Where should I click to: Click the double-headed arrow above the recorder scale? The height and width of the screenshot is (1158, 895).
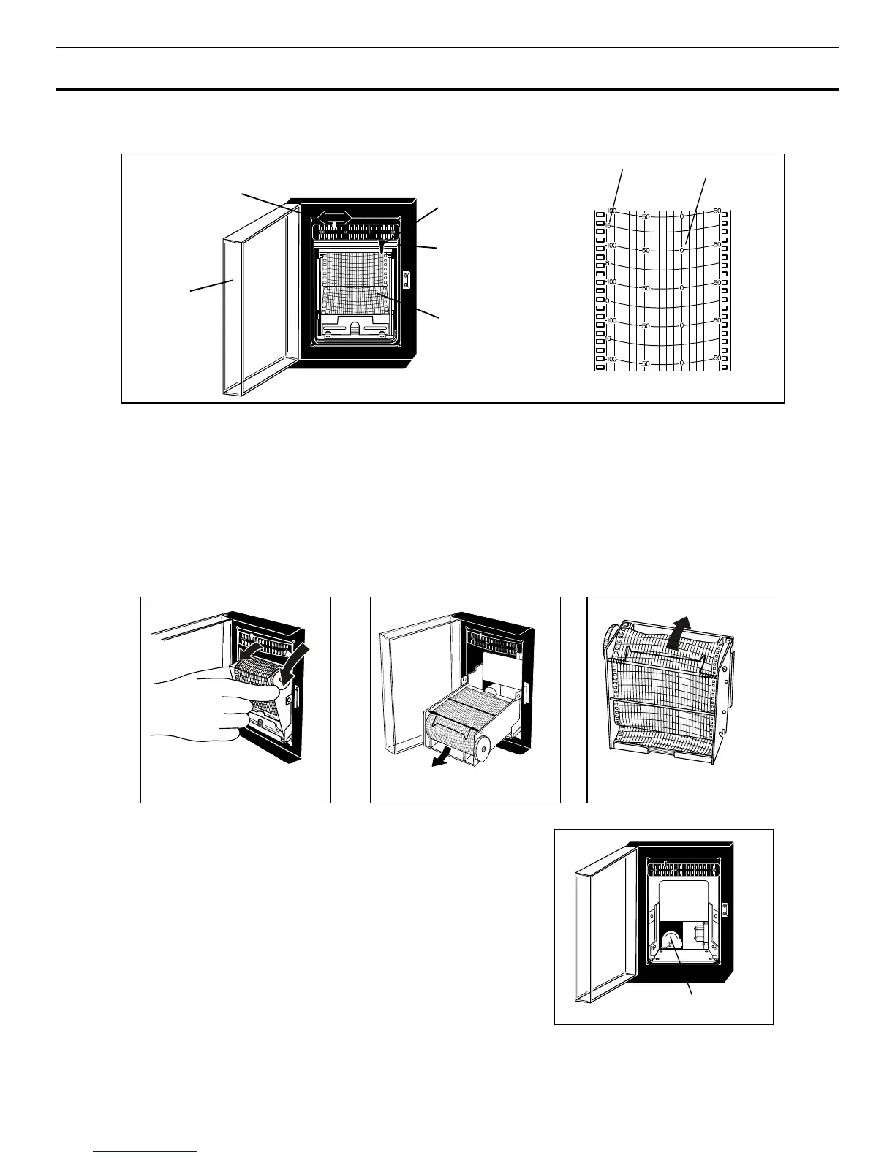click(x=333, y=216)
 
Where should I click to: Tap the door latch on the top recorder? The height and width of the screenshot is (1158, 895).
click(x=407, y=279)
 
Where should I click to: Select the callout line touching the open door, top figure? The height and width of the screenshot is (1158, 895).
click(x=212, y=286)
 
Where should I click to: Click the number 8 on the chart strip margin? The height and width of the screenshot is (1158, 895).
click(x=608, y=264)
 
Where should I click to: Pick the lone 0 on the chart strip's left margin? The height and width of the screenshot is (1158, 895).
click(x=608, y=301)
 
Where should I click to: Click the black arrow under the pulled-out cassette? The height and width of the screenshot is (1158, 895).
click(x=440, y=761)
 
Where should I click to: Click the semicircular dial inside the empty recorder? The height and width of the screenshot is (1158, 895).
click(x=671, y=939)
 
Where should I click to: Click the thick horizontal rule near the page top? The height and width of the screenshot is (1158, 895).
click(x=447, y=90)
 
